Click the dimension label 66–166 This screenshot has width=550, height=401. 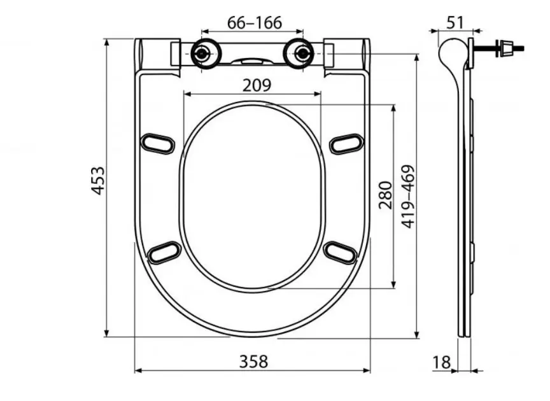pyautogui.click(x=254, y=23)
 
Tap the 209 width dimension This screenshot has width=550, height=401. pyautogui.click(x=257, y=85)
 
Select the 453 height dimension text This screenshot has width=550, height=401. pyautogui.click(x=98, y=180)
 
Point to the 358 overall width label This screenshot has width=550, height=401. pyautogui.click(x=253, y=362)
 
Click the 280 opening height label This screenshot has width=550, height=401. pyautogui.click(x=386, y=195)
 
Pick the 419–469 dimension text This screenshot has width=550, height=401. pyautogui.click(x=408, y=196)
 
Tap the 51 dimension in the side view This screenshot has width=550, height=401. pyautogui.click(x=455, y=23)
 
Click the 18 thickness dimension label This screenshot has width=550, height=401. pyautogui.click(x=441, y=362)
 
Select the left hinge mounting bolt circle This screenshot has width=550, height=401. pyautogui.click(x=201, y=53)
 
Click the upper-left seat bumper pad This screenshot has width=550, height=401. pyautogui.click(x=157, y=143)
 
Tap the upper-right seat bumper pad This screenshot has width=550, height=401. pyautogui.click(x=346, y=143)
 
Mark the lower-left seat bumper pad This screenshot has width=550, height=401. pyautogui.click(x=164, y=252)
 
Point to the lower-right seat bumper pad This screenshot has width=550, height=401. pyautogui.click(x=341, y=252)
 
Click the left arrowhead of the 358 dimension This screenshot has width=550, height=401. pyautogui.click(x=138, y=370)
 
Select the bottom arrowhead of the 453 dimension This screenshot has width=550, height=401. pyautogui.click(x=107, y=333)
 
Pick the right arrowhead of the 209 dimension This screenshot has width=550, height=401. pyautogui.click(x=318, y=94)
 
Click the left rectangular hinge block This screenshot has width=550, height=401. pyautogui.click(x=176, y=53)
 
